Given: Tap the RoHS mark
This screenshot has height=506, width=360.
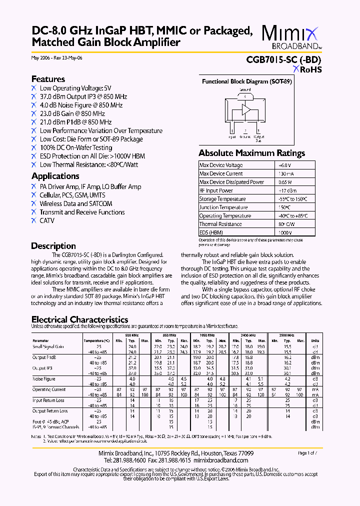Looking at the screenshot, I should (x=307, y=70).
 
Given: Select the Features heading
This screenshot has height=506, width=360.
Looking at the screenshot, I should (x=48, y=79).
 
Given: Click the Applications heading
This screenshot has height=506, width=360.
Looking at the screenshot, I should (x=55, y=176).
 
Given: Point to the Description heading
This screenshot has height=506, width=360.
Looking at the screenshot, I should (x=53, y=246).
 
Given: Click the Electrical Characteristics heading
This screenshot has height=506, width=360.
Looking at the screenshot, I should (x=79, y=319).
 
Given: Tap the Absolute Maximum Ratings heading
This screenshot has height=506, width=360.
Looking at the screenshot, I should (x=251, y=153).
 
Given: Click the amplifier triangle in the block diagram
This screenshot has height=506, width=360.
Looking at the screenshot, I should (x=246, y=109).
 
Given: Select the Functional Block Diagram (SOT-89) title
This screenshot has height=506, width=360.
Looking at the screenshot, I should (x=246, y=81).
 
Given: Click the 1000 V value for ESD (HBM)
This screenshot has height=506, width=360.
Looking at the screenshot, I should (x=285, y=233).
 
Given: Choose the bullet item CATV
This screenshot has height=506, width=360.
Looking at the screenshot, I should (x=47, y=220).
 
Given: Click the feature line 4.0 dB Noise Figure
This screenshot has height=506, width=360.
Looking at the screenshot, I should (x=81, y=105).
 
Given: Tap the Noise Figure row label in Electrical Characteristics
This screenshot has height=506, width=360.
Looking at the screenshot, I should (x=44, y=379).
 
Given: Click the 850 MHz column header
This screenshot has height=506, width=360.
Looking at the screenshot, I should (x=169, y=335).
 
